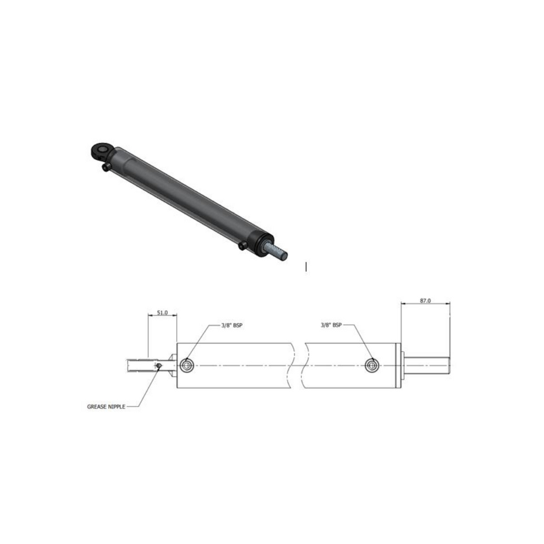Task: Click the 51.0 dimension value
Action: point(162,313)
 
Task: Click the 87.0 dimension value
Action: point(425,301)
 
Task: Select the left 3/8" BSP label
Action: point(231,325)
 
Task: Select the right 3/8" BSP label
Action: point(331,325)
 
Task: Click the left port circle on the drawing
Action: point(186,365)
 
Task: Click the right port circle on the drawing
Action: point(372,364)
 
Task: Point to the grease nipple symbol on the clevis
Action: point(159,365)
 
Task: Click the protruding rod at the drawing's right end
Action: point(427,365)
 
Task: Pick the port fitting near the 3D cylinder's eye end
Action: point(106,168)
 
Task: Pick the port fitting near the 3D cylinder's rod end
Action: point(243,246)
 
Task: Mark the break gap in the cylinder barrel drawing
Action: point(301,364)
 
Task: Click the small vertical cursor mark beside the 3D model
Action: point(306,266)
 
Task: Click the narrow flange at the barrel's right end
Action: point(400,365)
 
